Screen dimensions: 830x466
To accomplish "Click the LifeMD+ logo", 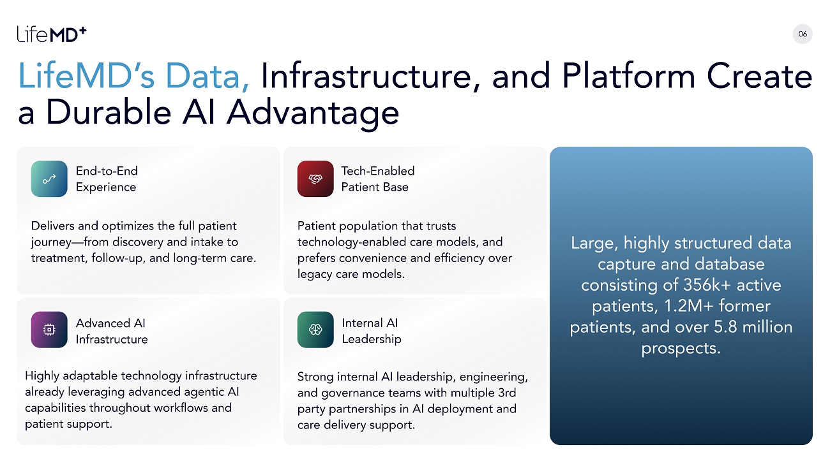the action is [52, 34].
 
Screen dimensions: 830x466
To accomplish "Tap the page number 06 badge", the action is [803, 34].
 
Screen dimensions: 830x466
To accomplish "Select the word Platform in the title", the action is [628, 76].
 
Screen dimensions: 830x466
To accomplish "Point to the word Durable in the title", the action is [108, 112].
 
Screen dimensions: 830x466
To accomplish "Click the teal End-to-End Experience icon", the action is [49, 178].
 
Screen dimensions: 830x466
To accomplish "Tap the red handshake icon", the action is [315, 178].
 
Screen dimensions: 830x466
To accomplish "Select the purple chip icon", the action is [49, 330].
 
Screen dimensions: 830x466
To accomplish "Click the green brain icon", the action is [315, 330].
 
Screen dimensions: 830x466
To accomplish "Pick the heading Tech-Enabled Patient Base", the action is [378, 179].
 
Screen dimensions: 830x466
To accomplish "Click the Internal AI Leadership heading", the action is [372, 331].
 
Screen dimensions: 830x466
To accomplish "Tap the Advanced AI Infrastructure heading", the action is [112, 331].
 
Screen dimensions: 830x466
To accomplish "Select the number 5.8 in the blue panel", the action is [725, 327].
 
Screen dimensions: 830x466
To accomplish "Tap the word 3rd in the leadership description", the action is [507, 393].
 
